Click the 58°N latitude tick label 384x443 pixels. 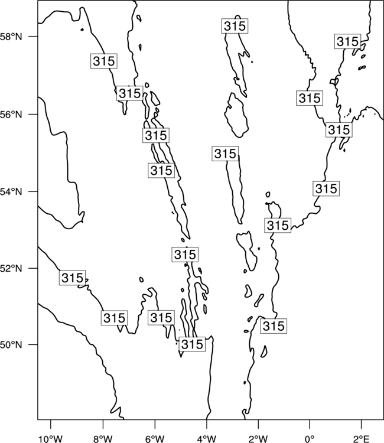11,37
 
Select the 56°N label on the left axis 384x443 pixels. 11,115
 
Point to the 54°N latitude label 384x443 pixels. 11,192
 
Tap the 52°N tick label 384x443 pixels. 11,268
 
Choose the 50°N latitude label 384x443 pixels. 11,345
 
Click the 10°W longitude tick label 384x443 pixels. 50,439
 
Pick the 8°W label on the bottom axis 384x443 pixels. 103,439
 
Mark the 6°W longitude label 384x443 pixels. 155,439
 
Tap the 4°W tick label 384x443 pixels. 207,439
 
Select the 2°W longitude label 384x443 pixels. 258,439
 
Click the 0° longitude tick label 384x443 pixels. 310,439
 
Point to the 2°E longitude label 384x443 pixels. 362,439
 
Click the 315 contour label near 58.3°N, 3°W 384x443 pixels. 235,26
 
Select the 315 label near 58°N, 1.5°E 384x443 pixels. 347,41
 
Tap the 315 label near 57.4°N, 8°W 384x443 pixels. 104,61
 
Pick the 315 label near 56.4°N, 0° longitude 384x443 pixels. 310,98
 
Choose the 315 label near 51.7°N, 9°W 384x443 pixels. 72,278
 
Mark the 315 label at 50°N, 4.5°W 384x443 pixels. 192,344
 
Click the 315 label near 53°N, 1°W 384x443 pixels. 278,225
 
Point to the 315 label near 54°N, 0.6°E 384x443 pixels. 326,188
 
